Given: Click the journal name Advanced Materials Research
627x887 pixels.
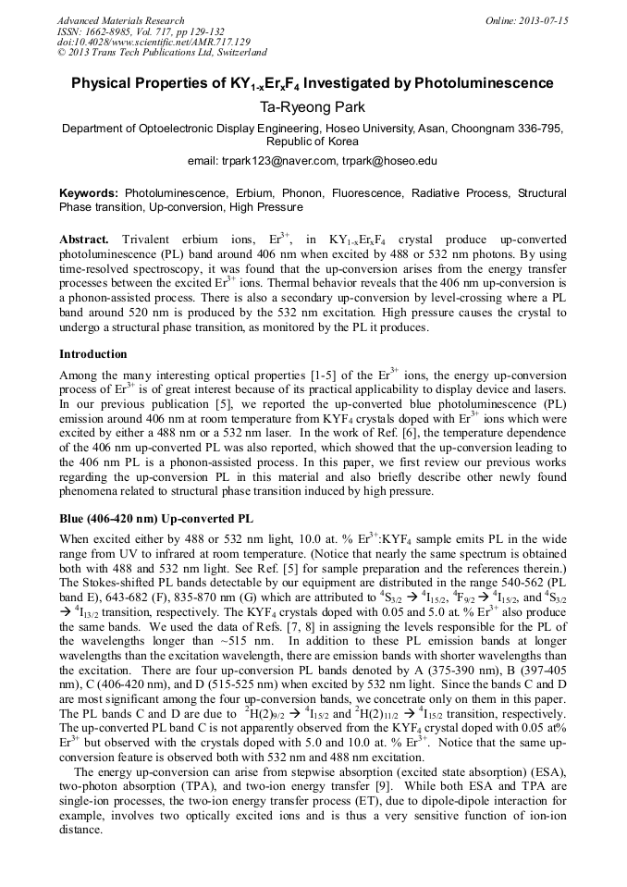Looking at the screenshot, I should [x=120, y=20].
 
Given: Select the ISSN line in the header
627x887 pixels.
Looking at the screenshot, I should [x=121, y=31].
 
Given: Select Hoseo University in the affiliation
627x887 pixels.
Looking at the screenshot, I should [x=370, y=129].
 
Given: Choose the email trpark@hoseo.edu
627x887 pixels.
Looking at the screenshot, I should [x=392, y=161].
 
